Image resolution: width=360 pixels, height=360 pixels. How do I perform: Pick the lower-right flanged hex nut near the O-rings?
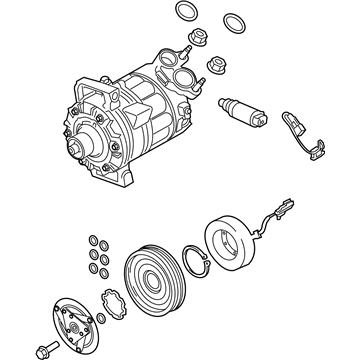216,67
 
